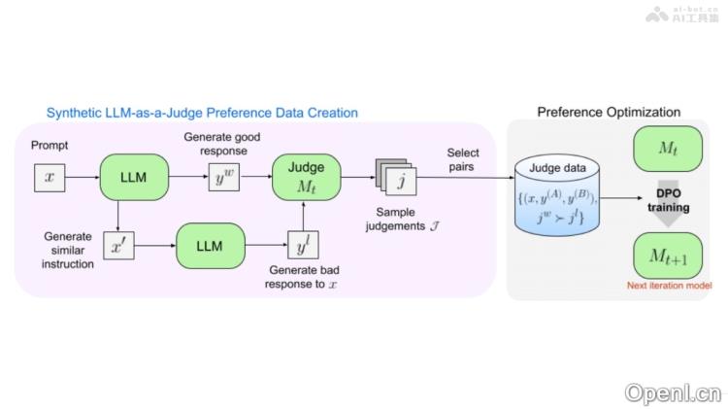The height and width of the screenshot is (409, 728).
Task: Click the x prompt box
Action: pos(50,179)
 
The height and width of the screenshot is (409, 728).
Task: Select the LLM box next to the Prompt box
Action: pos(134,178)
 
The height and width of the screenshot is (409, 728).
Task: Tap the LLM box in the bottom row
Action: pos(210,247)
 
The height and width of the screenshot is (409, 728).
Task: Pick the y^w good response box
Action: pos(224,178)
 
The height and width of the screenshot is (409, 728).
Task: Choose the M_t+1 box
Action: pos(668,256)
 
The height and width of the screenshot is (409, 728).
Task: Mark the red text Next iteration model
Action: pos(668,287)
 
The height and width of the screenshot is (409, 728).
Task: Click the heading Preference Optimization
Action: pos(609,113)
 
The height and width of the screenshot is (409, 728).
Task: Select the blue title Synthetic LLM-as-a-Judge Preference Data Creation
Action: pos(202,113)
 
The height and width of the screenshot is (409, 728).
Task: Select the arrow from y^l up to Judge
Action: pos(304,218)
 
